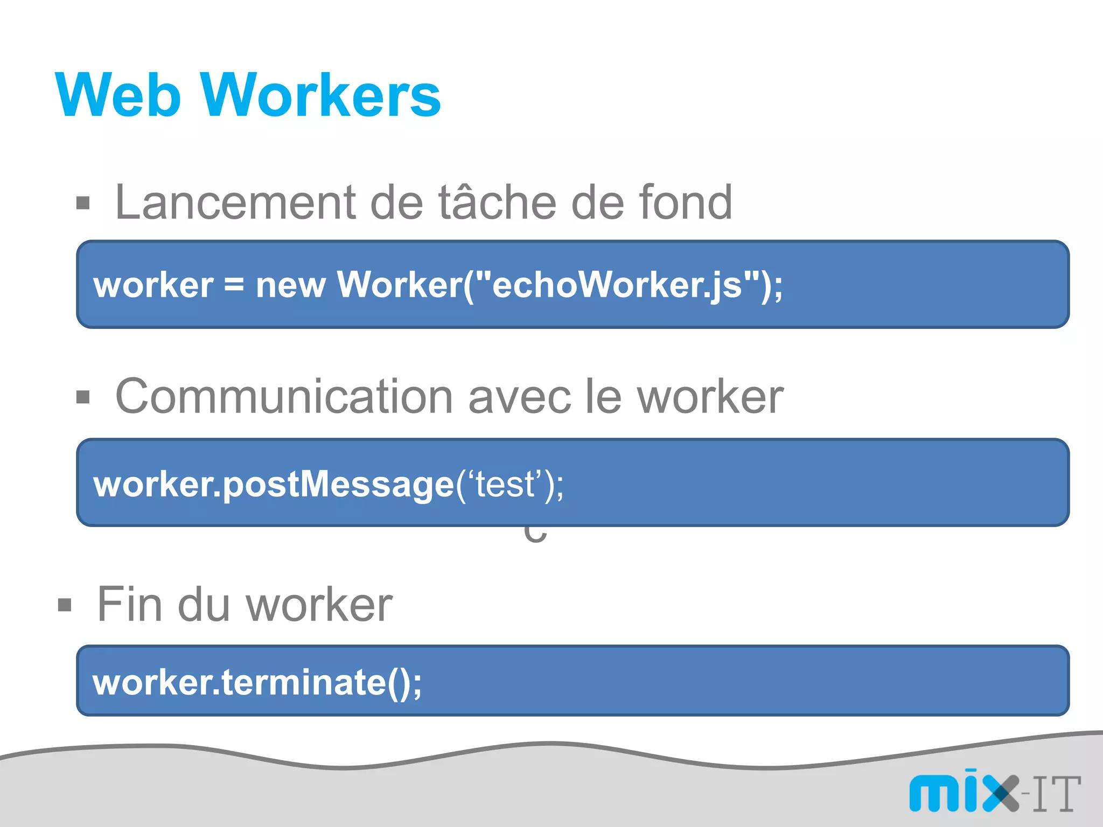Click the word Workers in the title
tap(321, 95)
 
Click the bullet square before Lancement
tap(83, 204)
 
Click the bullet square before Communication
tap(83, 397)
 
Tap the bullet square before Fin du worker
tap(65, 605)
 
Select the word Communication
tap(284, 397)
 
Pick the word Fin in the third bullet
tap(129, 605)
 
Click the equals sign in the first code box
tap(234, 285)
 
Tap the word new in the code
tap(290, 285)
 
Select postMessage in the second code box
tap(338, 484)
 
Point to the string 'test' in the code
tap(504, 484)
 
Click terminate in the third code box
tap(304, 682)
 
